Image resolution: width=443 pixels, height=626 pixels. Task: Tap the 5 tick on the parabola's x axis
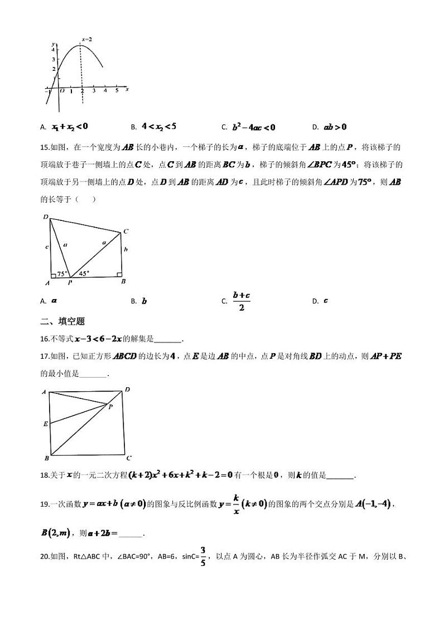117,90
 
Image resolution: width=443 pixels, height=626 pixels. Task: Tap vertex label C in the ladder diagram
126,231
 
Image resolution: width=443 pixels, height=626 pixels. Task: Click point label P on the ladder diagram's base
70,283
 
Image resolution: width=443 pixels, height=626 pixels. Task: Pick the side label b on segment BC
126,250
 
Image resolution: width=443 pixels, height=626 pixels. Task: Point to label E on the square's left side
45,424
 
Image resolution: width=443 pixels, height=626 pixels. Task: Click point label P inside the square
110,408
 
